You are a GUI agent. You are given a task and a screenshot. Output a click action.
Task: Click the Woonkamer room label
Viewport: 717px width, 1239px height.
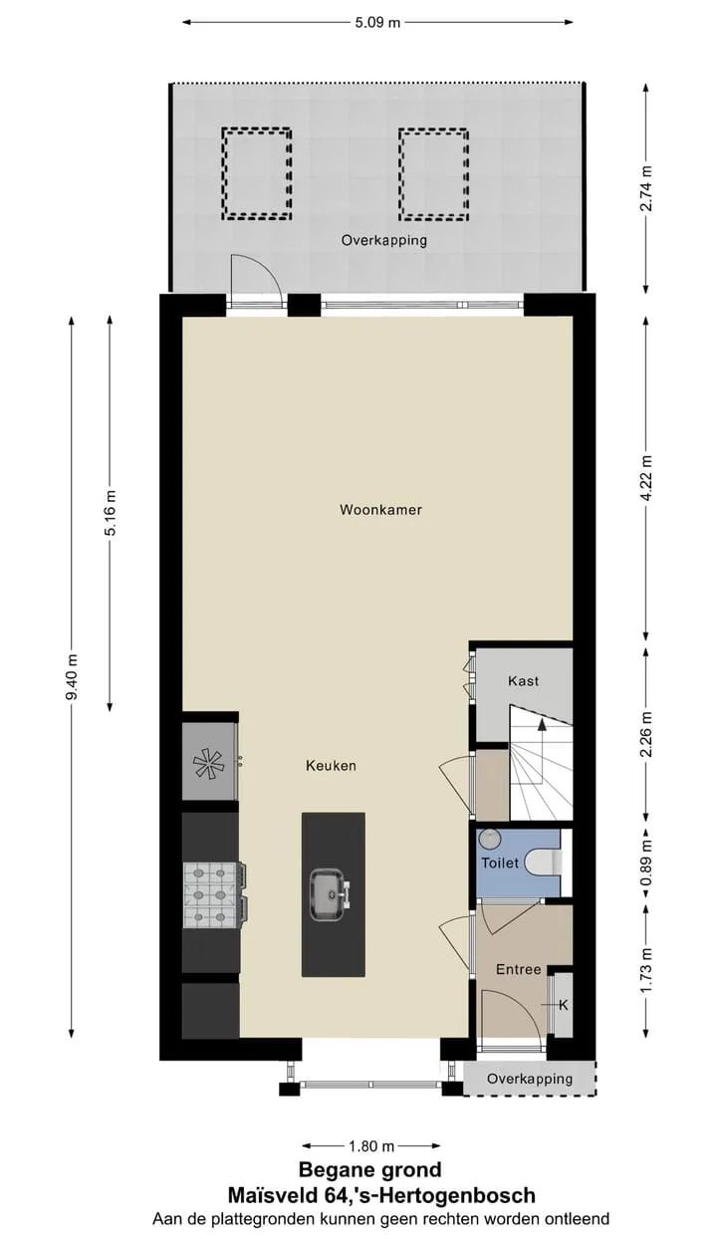click(x=380, y=509)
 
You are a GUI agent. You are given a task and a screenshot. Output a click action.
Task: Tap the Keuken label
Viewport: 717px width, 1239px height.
click(x=331, y=766)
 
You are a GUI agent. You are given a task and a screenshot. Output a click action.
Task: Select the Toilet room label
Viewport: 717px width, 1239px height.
click(x=500, y=863)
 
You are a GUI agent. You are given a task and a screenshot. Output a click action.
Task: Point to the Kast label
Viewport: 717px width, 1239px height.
click(x=523, y=681)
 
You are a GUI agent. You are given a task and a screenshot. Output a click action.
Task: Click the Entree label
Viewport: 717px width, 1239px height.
click(x=519, y=969)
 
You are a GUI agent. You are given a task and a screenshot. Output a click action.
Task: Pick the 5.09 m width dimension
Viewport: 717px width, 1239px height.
click(x=377, y=23)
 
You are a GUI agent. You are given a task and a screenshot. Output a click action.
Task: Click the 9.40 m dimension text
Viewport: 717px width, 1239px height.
click(x=72, y=676)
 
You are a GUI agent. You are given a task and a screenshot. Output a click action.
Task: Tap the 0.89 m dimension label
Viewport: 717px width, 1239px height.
click(x=646, y=863)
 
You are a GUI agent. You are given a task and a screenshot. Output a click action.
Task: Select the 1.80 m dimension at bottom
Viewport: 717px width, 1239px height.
click(x=371, y=1145)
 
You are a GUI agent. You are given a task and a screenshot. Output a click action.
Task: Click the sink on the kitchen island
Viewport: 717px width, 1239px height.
click(x=331, y=895)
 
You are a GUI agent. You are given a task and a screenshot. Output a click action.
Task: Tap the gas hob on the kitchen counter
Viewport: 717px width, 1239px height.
click(x=215, y=896)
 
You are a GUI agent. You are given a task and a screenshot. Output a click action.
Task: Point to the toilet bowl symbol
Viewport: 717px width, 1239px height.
click(x=544, y=863)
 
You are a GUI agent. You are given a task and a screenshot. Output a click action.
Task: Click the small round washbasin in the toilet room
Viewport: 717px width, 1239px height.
click(x=489, y=839)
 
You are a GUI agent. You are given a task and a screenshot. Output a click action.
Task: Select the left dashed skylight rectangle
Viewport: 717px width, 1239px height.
click(x=257, y=173)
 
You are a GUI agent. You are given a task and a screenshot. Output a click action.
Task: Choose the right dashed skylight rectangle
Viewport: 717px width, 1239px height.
click(x=433, y=174)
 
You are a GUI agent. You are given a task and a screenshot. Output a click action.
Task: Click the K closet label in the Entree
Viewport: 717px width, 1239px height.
click(x=564, y=1005)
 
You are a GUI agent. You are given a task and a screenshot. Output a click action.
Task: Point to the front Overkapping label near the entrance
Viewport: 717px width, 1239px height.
click(x=530, y=1078)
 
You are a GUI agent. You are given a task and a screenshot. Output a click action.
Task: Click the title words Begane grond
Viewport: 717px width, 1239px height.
click(x=370, y=1169)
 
